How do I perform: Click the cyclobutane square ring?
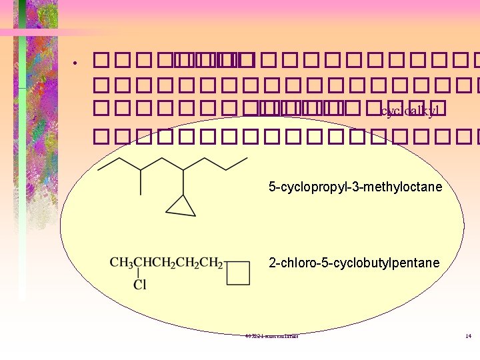[238, 273]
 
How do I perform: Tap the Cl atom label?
[140, 285]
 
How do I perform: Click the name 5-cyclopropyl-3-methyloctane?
[355, 187]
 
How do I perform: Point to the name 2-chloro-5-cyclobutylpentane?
[354, 263]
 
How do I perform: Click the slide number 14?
[469, 336]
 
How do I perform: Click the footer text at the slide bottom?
[271, 336]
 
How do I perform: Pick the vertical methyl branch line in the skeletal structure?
[140, 181]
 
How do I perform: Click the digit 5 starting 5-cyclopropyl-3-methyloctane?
[272, 187]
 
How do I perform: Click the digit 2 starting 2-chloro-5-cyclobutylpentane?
[272, 263]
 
